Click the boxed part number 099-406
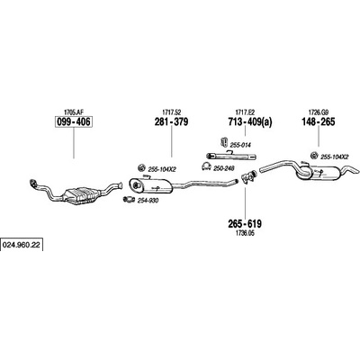tap(74, 122)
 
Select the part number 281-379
tap(171, 121)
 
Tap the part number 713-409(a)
tap(250, 122)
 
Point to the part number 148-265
tap(319, 121)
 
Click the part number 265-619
tap(245, 223)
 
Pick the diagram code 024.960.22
tap(22, 245)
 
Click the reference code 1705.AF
tap(73, 112)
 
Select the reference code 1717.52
tap(172, 112)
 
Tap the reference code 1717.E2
tap(245, 112)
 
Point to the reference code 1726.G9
tap(319, 112)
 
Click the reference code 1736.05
tap(245, 233)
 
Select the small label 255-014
tap(240, 145)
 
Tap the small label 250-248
tap(224, 168)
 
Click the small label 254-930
tap(148, 201)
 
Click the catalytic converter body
tap(81, 196)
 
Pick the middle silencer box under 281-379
tap(150, 185)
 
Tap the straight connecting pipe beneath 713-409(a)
tap(230, 156)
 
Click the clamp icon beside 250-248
tap(206, 166)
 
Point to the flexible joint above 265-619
tap(248, 176)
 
